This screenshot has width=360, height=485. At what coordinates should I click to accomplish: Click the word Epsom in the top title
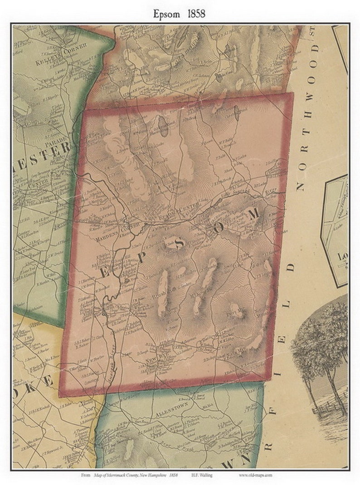click(x=165, y=14)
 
